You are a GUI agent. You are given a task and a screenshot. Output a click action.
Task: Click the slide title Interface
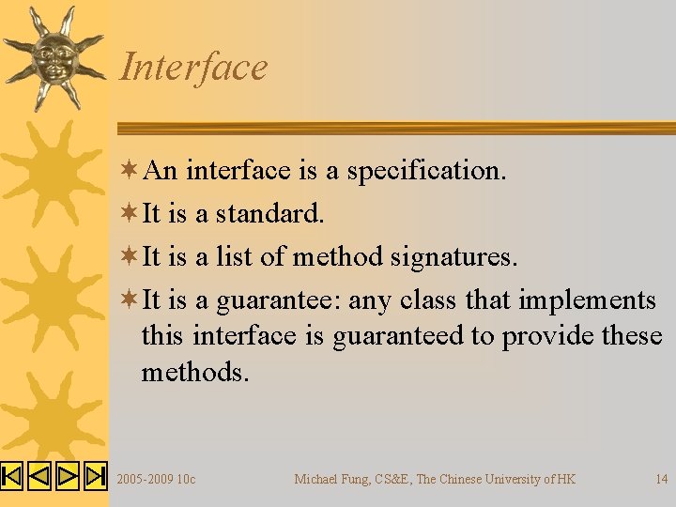click(x=193, y=68)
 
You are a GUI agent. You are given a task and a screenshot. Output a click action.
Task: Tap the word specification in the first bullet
click(x=427, y=171)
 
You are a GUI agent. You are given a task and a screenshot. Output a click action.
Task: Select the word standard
click(x=270, y=214)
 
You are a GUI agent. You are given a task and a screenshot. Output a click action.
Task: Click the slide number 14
click(x=662, y=480)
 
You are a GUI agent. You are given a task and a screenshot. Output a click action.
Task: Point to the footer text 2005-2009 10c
click(x=156, y=480)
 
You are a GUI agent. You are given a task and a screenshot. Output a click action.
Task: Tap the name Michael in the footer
click(x=316, y=480)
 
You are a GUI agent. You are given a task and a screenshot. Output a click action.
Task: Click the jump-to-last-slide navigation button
click(x=96, y=477)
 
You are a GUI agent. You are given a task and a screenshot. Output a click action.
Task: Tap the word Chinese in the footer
click(x=462, y=480)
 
